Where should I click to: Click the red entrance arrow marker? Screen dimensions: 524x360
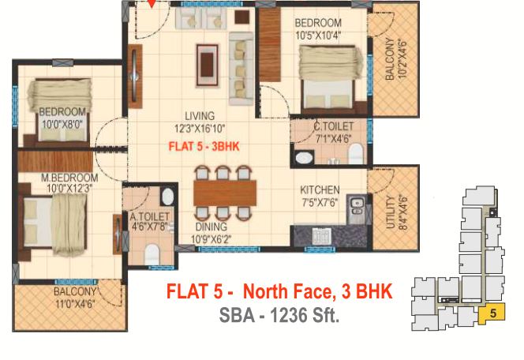(x=152, y=3)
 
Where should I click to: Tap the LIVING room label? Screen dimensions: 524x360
(x=200, y=116)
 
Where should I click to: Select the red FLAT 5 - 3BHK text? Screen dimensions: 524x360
(x=204, y=146)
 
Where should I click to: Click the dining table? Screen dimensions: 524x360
(x=225, y=193)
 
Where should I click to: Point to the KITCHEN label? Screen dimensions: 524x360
(x=320, y=190)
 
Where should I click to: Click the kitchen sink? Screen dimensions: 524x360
(x=357, y=208)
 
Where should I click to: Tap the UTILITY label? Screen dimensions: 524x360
(x=390, y=212)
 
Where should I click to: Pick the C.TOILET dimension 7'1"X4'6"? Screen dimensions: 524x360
(x=333, y=138)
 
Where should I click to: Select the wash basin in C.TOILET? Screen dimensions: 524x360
(x=304, y=157)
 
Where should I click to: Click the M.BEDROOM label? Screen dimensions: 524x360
(x=69, y=178)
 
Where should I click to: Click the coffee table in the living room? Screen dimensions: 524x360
(x=208, y=66)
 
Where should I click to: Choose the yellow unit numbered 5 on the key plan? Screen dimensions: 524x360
(x=492, y=313)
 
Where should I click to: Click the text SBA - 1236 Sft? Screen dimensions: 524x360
(x=279, y=315)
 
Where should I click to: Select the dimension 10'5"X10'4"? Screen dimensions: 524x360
(x=318, y=35)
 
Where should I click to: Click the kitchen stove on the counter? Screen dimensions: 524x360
(x=321, y=235)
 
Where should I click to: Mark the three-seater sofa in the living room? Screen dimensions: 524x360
(x=241, y=69)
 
